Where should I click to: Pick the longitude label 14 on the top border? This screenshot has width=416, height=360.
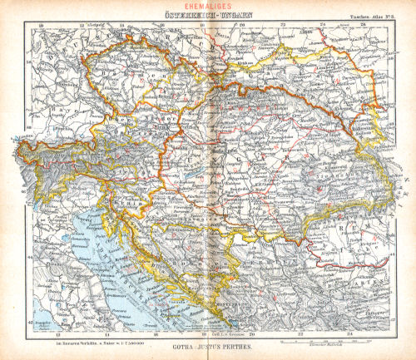point(121,26)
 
